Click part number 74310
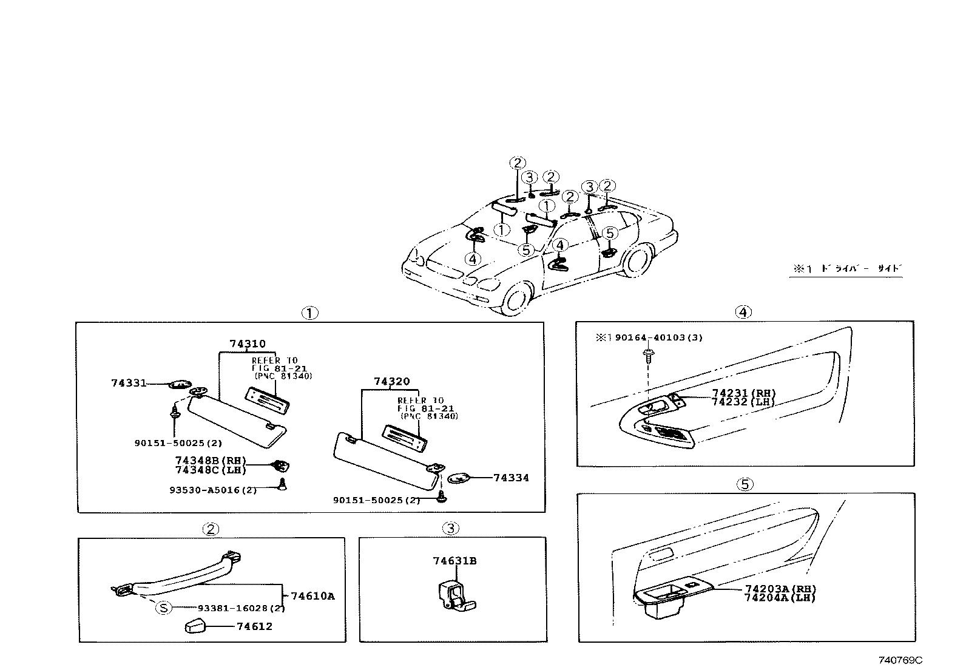248,344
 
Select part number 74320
392,381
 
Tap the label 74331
129,383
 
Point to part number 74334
510,478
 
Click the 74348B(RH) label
209,461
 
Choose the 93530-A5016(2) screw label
213,490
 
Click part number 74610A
312,596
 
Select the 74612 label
254,626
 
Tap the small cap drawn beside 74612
195,626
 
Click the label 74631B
454,561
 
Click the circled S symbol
164,608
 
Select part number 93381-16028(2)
241,608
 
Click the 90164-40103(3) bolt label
658,337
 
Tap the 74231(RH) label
743,393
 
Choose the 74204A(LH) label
780,598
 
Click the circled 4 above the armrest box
743,312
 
